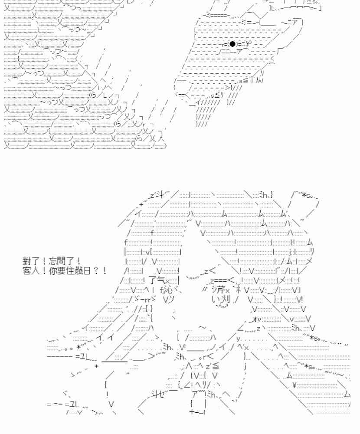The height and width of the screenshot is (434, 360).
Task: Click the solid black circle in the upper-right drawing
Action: click(232, 44)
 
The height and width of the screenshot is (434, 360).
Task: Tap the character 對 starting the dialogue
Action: click(27, 261)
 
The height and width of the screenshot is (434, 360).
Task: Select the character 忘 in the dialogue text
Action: click(53, 261)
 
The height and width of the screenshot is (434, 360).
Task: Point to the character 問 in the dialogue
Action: click(62, 261)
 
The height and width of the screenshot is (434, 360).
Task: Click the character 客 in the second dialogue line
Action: click(27, 270)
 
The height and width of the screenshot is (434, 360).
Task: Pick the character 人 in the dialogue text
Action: click(36, 270)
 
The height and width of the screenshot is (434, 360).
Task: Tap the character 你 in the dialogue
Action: click(53, 270)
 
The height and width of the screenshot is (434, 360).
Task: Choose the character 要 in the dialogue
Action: click(62, 270)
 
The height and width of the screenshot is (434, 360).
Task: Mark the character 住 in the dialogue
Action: click(70, 270)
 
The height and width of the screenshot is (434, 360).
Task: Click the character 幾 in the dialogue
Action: click(79, 270)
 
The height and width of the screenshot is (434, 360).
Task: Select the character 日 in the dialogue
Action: click(87, 270)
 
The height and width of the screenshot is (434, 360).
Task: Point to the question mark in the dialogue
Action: click(96, 270)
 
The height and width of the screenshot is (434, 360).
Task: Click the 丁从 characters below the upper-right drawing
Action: click(255, 80)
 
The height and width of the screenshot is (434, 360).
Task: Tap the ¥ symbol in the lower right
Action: click(294, 384)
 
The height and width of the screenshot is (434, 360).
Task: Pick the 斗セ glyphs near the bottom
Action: click(158, 394)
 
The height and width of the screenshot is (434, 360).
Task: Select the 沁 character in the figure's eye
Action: click(168, 290)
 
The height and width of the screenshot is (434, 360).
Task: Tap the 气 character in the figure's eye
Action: click(161, 280)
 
